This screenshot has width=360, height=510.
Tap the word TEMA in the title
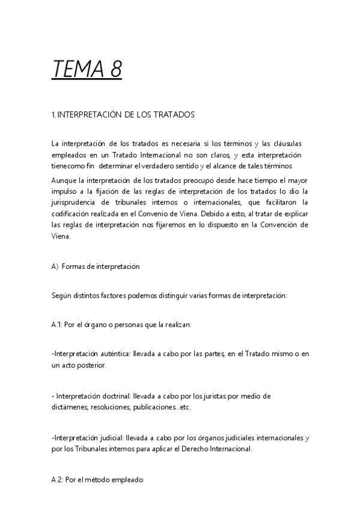click(x=78, y=70)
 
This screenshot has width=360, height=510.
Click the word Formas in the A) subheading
click(x=74, y=266)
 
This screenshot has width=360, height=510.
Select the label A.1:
click(x=58, y=325)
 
